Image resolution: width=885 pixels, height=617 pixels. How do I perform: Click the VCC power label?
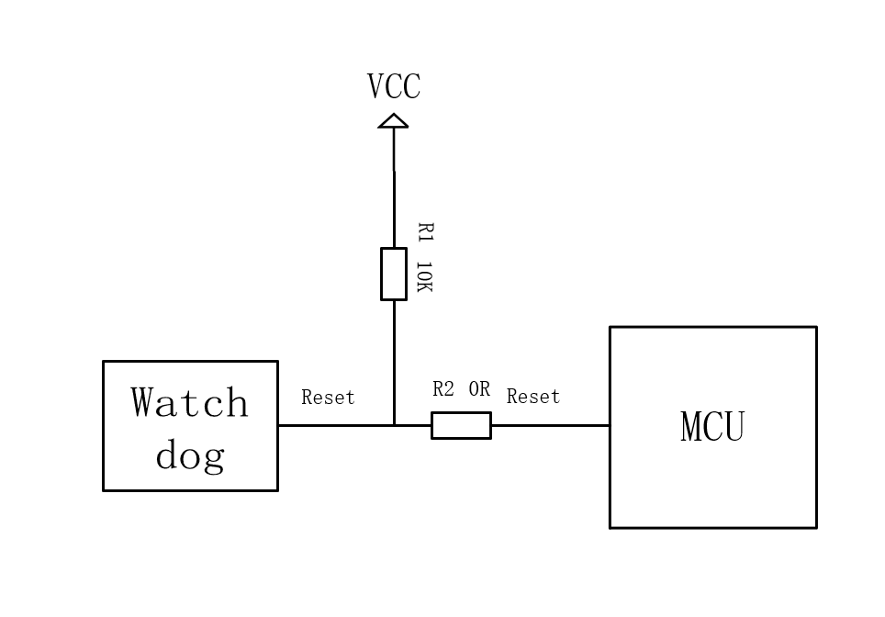pos(394,87)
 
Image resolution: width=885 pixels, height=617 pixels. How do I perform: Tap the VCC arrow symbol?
pos(394,121)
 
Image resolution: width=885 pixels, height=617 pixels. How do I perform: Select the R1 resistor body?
pos(394,274)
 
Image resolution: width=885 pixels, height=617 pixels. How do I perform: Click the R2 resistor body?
pos(461,425)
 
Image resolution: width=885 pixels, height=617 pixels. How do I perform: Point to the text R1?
pos(424,231)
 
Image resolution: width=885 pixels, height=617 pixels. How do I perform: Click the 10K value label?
pos(423,277)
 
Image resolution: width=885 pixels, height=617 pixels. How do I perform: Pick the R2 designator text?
pos(443,389)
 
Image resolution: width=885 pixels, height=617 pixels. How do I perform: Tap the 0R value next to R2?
pos(479,389)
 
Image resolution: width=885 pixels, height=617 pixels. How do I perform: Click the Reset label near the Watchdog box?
pos(328,398)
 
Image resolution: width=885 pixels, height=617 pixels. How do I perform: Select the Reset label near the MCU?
pos(533,397)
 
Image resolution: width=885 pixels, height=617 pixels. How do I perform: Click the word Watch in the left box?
pos(190,403)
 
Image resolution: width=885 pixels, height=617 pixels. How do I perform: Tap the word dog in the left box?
pos(190,454)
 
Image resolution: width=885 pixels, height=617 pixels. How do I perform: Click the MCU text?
pos(712,427)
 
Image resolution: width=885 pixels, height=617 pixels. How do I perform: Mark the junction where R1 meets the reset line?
pos(394,425)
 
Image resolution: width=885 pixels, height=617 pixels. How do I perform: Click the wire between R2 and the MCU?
pos(550,425)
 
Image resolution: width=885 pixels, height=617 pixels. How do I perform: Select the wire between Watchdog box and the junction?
pos(335,425)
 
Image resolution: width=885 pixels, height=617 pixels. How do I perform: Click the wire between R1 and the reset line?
pos(394,362)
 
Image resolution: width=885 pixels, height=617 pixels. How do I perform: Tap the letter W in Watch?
pos(148,403)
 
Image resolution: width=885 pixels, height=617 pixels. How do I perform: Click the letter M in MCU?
pos(691,427)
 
